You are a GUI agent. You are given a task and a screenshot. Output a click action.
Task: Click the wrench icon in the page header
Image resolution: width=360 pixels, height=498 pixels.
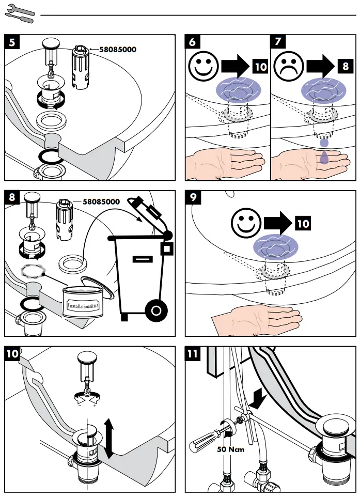[x=19, y=13]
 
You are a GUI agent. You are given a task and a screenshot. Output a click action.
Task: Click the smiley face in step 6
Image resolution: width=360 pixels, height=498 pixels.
[x=203, y=67]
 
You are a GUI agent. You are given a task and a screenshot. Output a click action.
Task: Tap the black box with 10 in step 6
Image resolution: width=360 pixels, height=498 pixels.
[x=260, y=67]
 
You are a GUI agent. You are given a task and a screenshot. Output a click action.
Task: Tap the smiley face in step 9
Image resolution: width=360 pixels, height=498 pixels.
[x=246, y=223]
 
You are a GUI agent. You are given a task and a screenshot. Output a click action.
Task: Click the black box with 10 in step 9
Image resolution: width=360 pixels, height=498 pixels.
[x=303, y=223]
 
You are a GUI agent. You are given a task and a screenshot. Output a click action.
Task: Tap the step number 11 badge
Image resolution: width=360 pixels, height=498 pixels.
[x=193, y=354]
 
